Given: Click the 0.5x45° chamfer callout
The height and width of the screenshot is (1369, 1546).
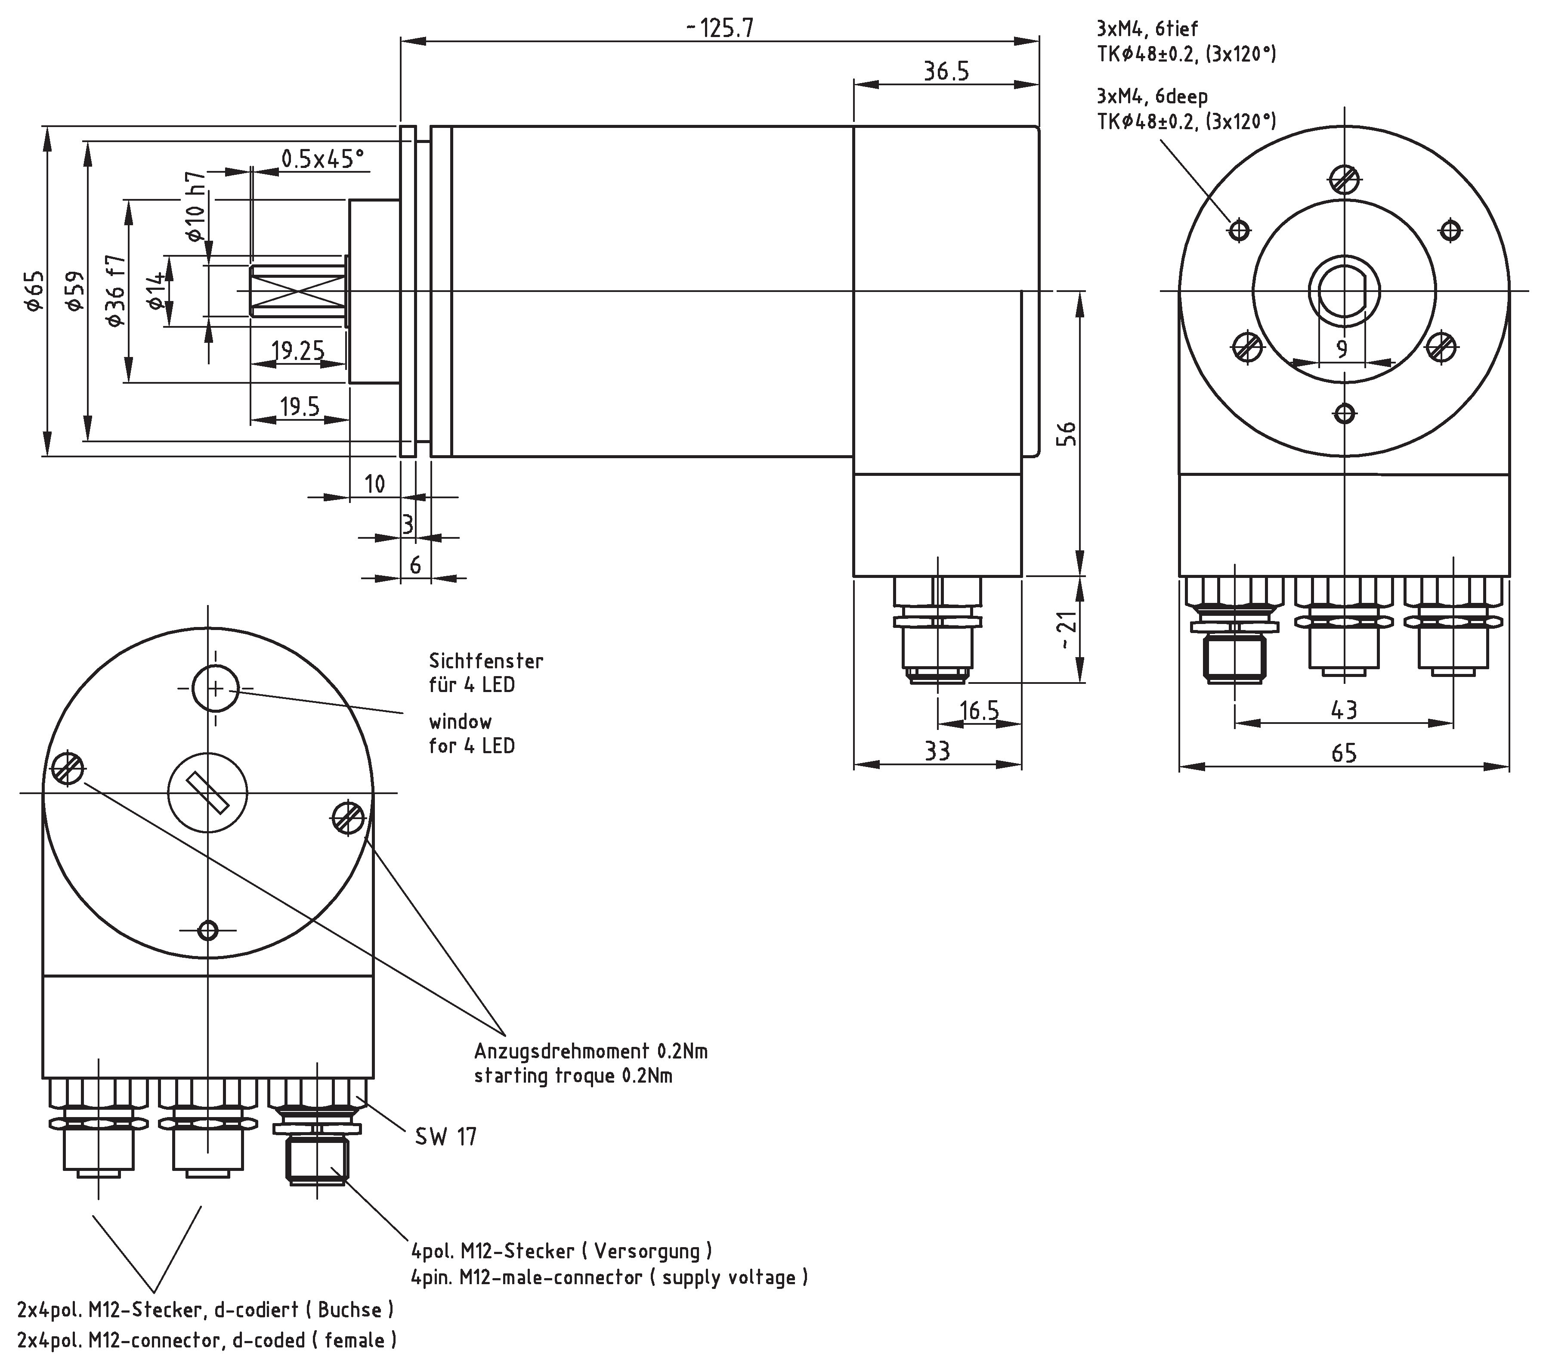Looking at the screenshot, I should click(322, 159).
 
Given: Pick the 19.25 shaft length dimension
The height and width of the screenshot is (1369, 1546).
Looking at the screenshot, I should click(298, 351).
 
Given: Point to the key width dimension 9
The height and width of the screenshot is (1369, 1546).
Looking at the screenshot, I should click(1342, 349).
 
